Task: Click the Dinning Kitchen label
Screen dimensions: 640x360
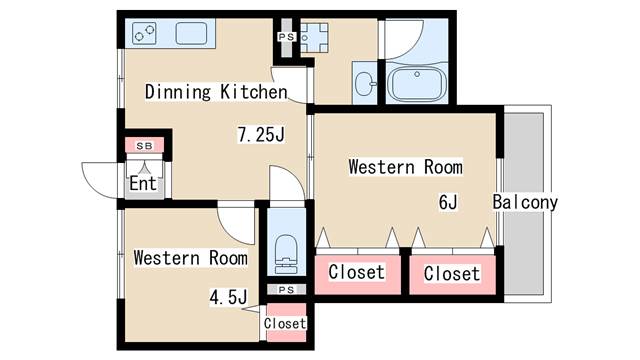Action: tap(216, 92)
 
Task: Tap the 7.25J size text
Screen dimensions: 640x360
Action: tap(261, 134)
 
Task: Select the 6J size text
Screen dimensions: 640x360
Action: tap(448, 202)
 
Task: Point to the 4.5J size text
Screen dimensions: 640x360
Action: tap(229, 297)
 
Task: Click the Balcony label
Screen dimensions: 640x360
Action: tap(525, 202)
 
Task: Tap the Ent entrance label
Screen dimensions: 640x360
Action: tap(143, 183)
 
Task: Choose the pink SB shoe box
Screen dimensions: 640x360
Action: tap(144, 145)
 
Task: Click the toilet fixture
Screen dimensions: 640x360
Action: tap(286, 254)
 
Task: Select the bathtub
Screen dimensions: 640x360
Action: tap(416, 84)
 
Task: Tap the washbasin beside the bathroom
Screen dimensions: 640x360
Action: tap(365, 84)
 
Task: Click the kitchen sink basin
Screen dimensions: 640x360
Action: tap(191, 33)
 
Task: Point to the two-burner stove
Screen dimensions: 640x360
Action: tap(144, 33)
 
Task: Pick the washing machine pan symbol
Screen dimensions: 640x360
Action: tap(314, 38)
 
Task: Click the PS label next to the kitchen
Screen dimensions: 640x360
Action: tap(287, 37)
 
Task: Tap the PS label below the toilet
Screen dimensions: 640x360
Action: tap(286, 290)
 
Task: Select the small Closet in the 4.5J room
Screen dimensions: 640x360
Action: tap(286, 322)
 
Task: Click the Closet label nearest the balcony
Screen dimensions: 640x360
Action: tap(452, 273)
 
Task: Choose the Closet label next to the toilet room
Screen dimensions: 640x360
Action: tap(357, 272)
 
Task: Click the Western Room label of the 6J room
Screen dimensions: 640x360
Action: tap(406, 167)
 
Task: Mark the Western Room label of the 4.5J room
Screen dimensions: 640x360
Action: tap(191, 258)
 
